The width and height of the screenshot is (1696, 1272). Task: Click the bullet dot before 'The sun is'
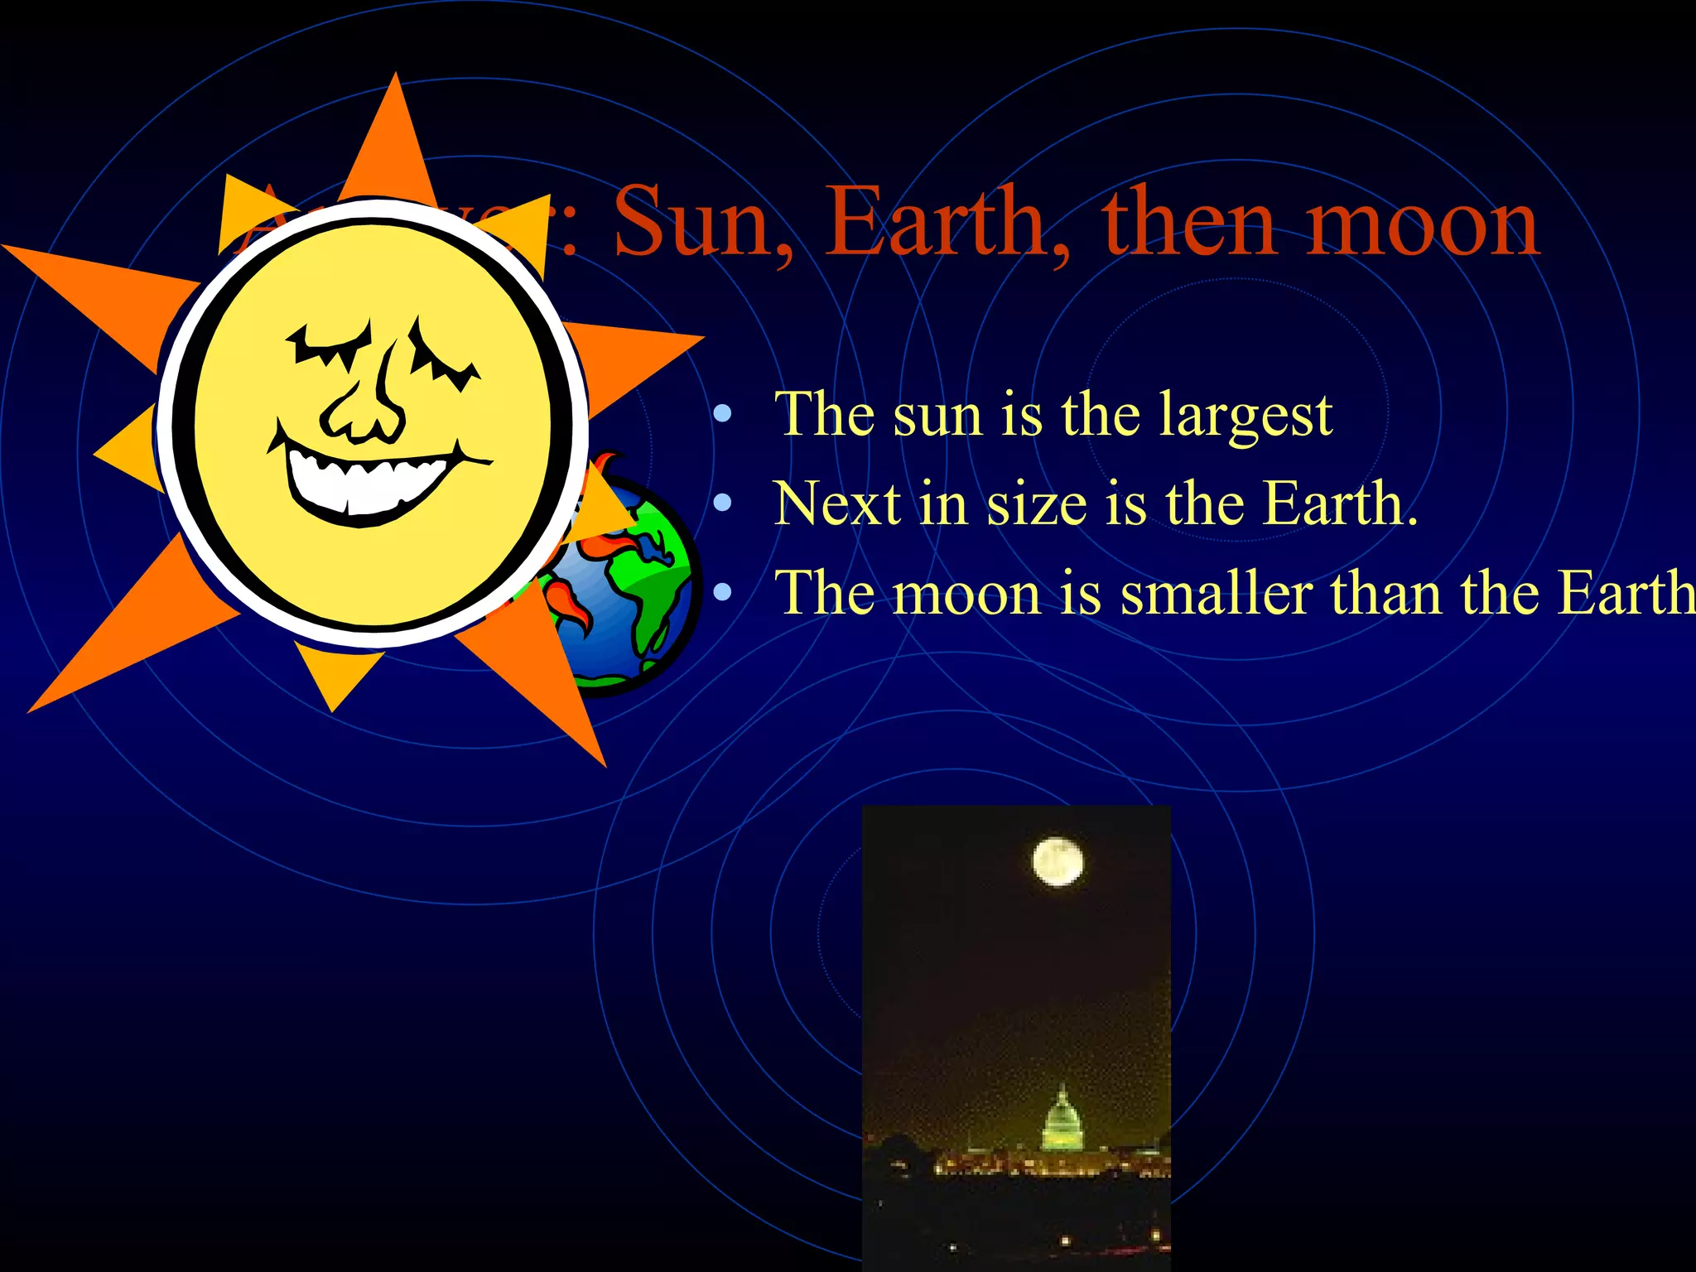click(723, 413)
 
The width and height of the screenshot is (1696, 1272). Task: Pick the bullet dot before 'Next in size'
click(723, 502)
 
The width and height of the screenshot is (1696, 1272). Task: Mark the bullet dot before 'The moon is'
click(723, 591)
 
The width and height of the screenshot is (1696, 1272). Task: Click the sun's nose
click(365, 406)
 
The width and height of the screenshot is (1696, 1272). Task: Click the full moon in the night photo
click(1058, 861)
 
